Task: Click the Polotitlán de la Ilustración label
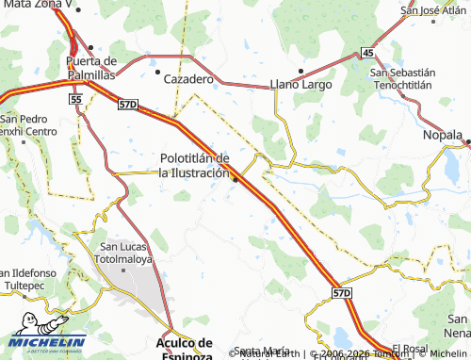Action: (x=194, y=166)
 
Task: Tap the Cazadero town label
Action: (x=189, y=80)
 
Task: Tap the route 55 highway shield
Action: (x=75, y=98)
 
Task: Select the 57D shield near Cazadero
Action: (x=128, y=103)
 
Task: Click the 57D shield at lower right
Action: (x=341, y=294)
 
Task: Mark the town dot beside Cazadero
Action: (x=156, y=70)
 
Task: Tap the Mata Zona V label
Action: (x=35, y=5)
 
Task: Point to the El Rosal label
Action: (x=411, y=348)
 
